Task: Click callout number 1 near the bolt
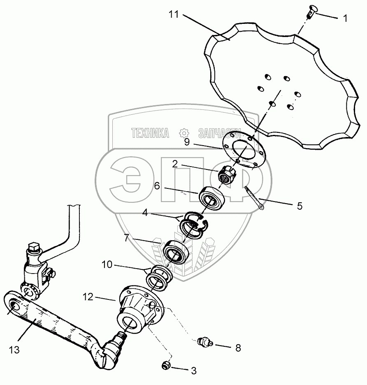(x=345, y=19)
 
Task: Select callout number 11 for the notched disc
(x=174, y=15)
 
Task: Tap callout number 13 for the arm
(x=14, y=350)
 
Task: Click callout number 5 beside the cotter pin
(x=299, y=206)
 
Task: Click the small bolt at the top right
(x=310, y=12)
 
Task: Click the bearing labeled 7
(x=176, y=253)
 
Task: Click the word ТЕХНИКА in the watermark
(x=150, y=133)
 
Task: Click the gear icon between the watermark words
(x=183, y=132)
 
